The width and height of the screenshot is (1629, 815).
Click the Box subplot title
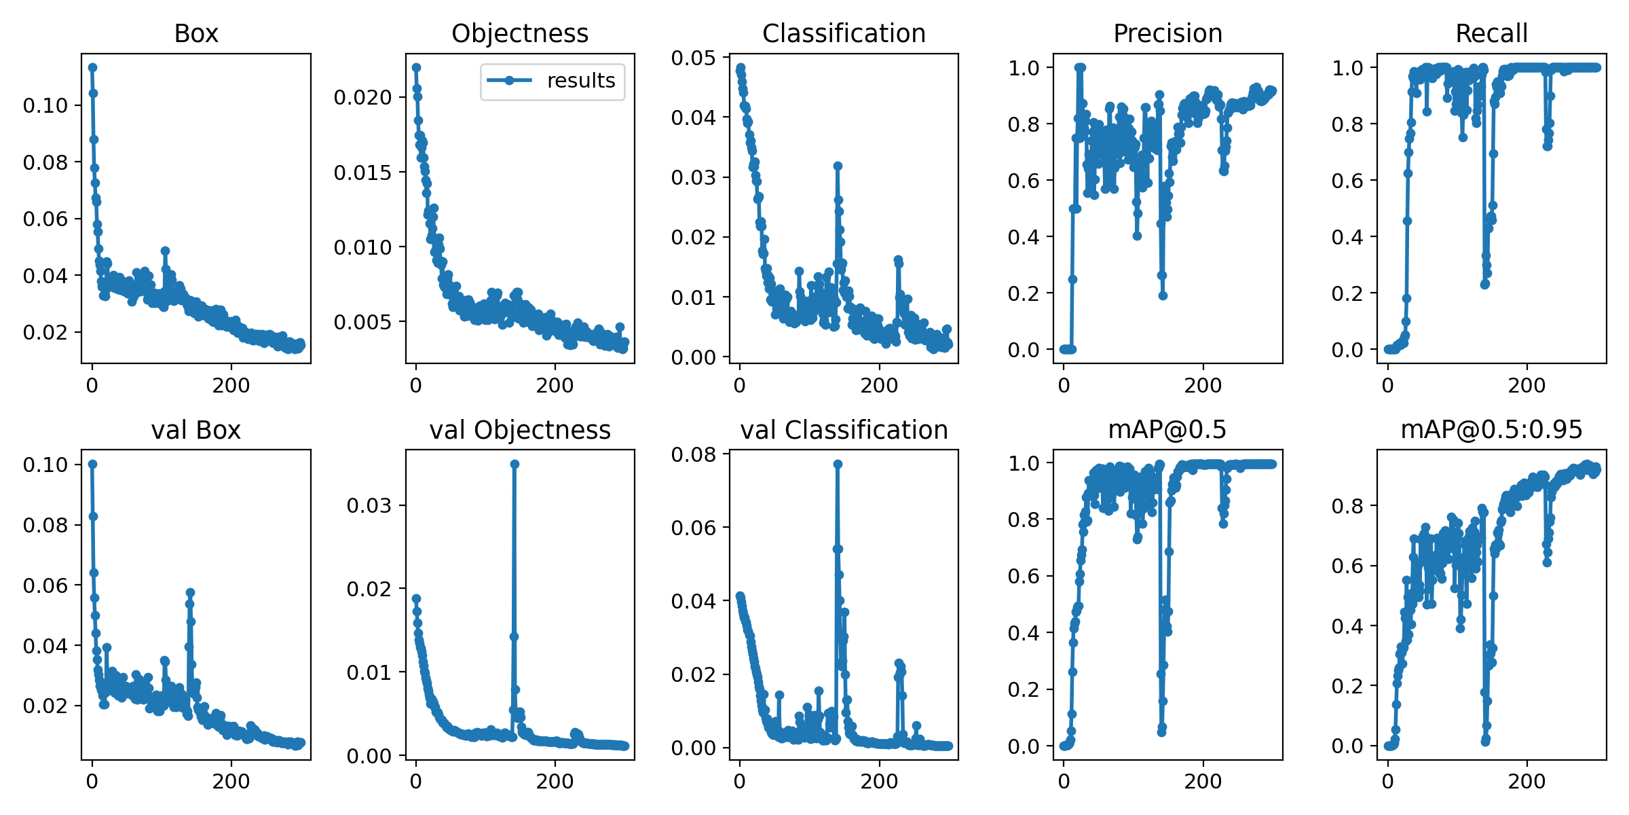tap(196, 33)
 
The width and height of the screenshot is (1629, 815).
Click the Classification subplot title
tap(844, 33)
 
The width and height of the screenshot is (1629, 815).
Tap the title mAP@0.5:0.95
tap(1491, 429)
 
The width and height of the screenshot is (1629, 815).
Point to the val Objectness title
tap(520, 430)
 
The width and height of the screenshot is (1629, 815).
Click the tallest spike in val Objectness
tap(514, 464)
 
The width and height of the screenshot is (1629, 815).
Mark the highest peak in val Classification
tap(838, 464)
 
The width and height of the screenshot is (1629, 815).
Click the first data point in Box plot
tap(92, 67)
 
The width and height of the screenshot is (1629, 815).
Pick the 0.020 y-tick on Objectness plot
tap(362, 97)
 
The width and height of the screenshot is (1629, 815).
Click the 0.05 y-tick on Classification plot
tap(693, 58)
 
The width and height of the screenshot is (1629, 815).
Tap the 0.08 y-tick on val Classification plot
tap(693, 454)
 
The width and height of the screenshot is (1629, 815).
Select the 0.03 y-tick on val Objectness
tap(369, 505)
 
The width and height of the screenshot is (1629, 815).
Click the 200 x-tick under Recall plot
tap(1527, 385)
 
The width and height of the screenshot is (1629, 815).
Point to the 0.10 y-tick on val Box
tap(45, 465)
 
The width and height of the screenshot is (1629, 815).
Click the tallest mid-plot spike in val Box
tap(190, 593)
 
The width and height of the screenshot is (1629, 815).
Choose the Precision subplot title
tap(1167, 33)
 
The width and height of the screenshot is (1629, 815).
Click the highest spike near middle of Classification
tap(838, 166)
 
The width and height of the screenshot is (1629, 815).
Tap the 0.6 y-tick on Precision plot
tap(1024, 181)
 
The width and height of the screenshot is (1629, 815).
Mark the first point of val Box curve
tap(92, 464)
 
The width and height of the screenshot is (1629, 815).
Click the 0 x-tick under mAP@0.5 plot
tap(1064, 781)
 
